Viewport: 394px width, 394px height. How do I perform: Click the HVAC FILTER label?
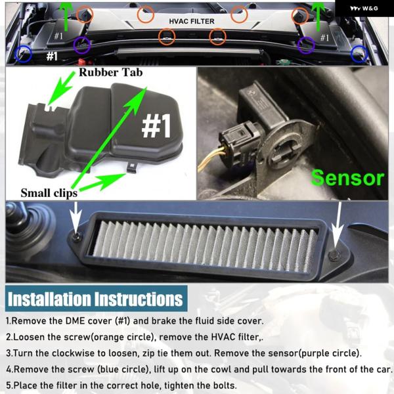(x=192, y=22)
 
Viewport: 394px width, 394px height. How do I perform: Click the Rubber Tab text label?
(x=111, y=73)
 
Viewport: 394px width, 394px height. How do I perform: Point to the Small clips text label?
(x=49, y=193)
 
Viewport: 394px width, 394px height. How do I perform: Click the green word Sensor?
(x=347, y=178)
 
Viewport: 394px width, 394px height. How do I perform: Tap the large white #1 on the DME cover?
(x=156, y=125)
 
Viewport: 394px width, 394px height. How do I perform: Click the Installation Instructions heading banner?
(x=97, y=299)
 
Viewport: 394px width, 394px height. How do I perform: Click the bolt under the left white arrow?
(x=77, y=236)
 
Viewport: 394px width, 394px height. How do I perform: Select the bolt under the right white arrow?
(x=334, y=255)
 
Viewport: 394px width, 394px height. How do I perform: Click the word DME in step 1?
(x=76, y=321)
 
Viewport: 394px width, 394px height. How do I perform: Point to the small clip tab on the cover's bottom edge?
(x=132, y=167)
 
